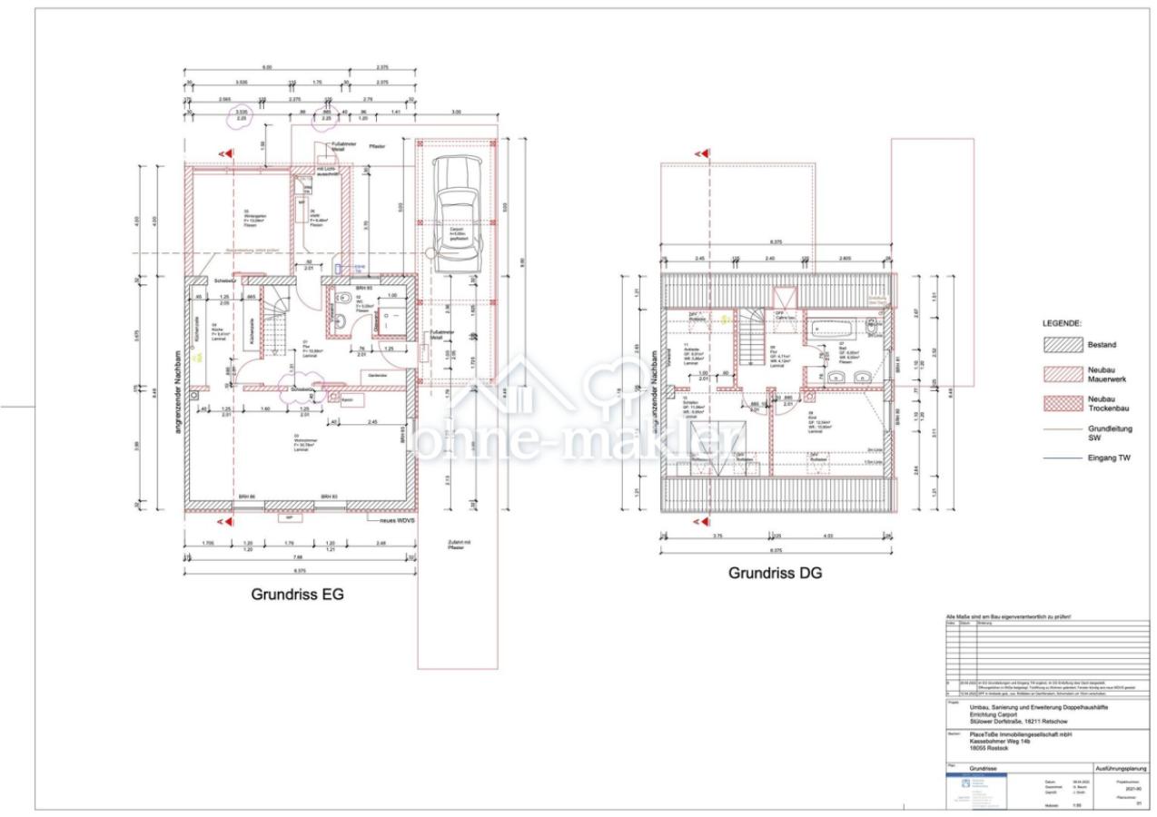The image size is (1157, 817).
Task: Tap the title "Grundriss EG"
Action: pos(297,595)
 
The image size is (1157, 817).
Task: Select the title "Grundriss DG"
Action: pos(774,573)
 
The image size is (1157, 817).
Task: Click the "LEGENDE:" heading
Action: pos(1062,323)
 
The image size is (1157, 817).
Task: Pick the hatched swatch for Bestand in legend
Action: pos(1063,345)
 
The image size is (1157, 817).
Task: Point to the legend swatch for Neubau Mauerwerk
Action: pos(1063,373)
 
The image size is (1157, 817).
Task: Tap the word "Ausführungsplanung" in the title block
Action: pos(1122,768)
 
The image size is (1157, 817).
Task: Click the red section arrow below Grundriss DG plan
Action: pos(699,523)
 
